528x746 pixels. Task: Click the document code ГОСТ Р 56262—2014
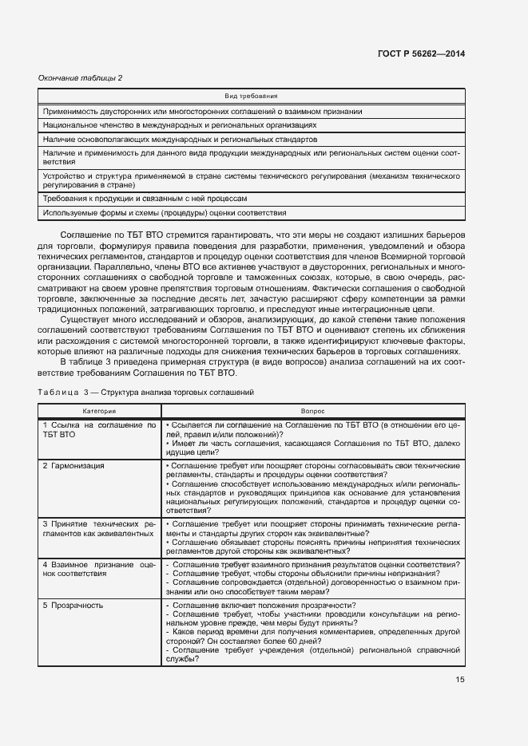click(x=420, y=53)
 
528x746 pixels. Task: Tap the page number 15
click(x=460, y=680)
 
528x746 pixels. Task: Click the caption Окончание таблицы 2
click(x=81, y=77)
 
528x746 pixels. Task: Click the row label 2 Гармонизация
click(x=74, y=465)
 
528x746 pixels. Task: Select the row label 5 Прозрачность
click(x=73, y=606)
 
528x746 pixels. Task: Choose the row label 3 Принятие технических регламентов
click(x=98, y=528)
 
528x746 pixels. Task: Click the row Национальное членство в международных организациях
click(x=180, y=125)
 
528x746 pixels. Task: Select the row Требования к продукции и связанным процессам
click(x=145, y=199)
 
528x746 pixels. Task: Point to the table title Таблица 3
click(x=145, y=393)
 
